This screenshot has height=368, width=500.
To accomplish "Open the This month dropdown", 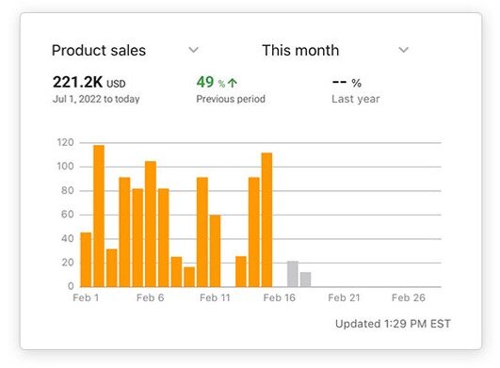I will click(x=403, y=50).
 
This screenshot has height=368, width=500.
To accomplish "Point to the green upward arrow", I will click(x=232, y=84).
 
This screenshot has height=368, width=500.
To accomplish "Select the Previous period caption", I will click(x=232, y=99).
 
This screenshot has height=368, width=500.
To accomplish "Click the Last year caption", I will click(x=356, y=99).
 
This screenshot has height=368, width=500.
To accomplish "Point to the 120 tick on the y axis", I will click(x=65, y=143).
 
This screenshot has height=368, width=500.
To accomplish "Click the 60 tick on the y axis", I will click(x=68, y=215).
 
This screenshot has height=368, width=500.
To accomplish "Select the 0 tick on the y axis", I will click(x=71, y=286).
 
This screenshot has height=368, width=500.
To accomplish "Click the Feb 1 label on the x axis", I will click(x=86, y=297).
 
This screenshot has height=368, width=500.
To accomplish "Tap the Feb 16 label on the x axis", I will click(x=280, y=297).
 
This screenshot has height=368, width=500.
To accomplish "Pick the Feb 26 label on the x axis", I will click(x=409, y=297).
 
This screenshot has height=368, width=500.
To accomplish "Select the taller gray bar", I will click(x=292, y=274).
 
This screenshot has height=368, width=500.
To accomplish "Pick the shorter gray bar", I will click(x=305, y=280).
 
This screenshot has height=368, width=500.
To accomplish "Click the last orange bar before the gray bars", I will click(x=266, y=219).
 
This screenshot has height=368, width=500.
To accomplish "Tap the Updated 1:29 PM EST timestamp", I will click(x=392, y=324).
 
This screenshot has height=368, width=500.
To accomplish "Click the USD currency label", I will click(x=116, y=84).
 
